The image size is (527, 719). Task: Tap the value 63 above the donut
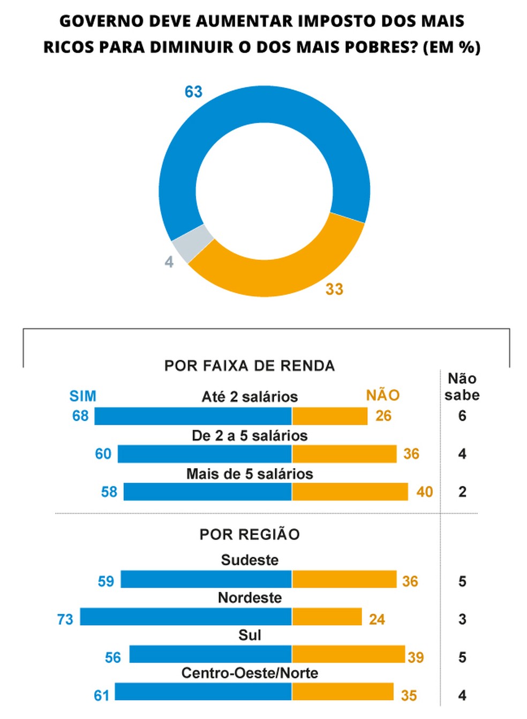click(x=193, y=92)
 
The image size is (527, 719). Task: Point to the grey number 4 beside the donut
click(x=169, y=262)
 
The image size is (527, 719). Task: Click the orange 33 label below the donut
click(x=334, y=289)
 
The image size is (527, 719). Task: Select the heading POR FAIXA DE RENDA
click(x=250, y=366)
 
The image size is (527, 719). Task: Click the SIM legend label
click(x=83, y=396)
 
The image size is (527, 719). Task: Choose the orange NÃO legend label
click(x=382, y=396)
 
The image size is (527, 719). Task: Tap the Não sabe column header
click(x=462, y=387)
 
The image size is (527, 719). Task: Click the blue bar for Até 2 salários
click(x=193, y=416)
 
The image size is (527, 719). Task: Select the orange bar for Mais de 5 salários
click(x=350, y=492)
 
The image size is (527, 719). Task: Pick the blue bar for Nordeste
click(x=186, y=617)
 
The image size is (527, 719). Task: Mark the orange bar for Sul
click(x=348, y=654)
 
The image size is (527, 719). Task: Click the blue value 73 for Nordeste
click(x=65, y=619)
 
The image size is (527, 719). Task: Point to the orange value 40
click(x=425, y=492)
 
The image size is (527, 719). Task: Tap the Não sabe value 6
click(x=462, y=416)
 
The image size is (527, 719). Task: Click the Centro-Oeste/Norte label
click(x=250, y=673)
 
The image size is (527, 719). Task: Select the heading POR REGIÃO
click(x=250, y=534)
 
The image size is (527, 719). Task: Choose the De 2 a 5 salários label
click(x=250, y=435)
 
